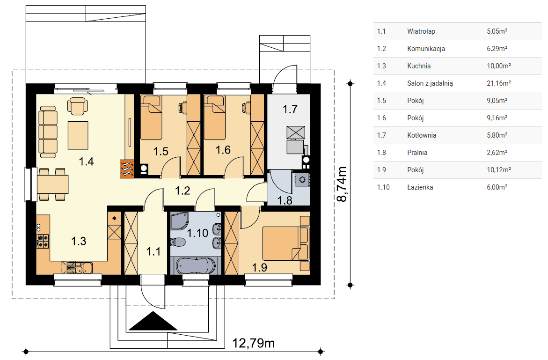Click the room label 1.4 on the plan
[x=86, y=162]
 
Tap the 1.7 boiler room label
[x=290, y=109]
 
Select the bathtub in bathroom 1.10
[x=195, y=265]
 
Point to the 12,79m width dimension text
[x=254, y=343]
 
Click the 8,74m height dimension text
[x=342, y=184]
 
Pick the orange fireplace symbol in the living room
[x=127, y=169]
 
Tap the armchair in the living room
[x=78, y=105]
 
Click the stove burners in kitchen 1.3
[x=43, y=241]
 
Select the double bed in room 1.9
[x=286, y=243]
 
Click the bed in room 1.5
[x=151, y=118]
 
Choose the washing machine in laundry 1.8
[x=302, y=180]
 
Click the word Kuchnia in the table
[x=419, y=66]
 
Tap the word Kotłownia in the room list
[x=422, y=135]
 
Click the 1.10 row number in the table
[x=383, y=187]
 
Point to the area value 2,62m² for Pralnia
[x=497, y=153]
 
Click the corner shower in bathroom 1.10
[x=179, y=221]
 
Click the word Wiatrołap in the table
[x=421, y=31]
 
